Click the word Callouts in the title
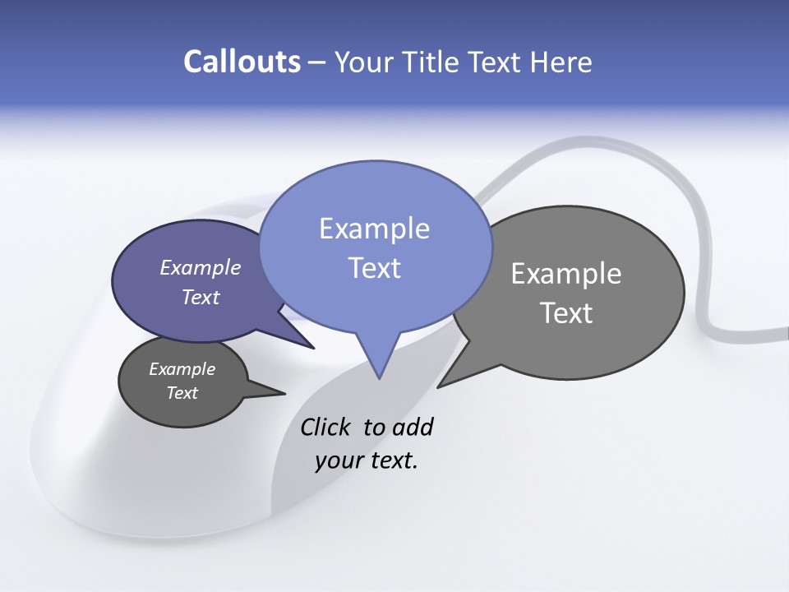[x=242, y=62]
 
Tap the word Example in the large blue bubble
[x=374, y=229]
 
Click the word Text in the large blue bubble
[x=374, y=268]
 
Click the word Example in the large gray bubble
[x=566, y=274]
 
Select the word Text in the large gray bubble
[x=566, y=313]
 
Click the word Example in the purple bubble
[x=200, y=267]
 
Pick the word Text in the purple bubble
[x=200, y=297]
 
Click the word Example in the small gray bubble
[x=182, y=369]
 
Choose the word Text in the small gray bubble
[x=182, y=393]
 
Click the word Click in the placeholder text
[x=326, y=427]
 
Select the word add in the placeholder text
[x=413, y=427]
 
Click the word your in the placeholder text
[x=339, y=460]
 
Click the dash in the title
[x=317, y=62]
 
